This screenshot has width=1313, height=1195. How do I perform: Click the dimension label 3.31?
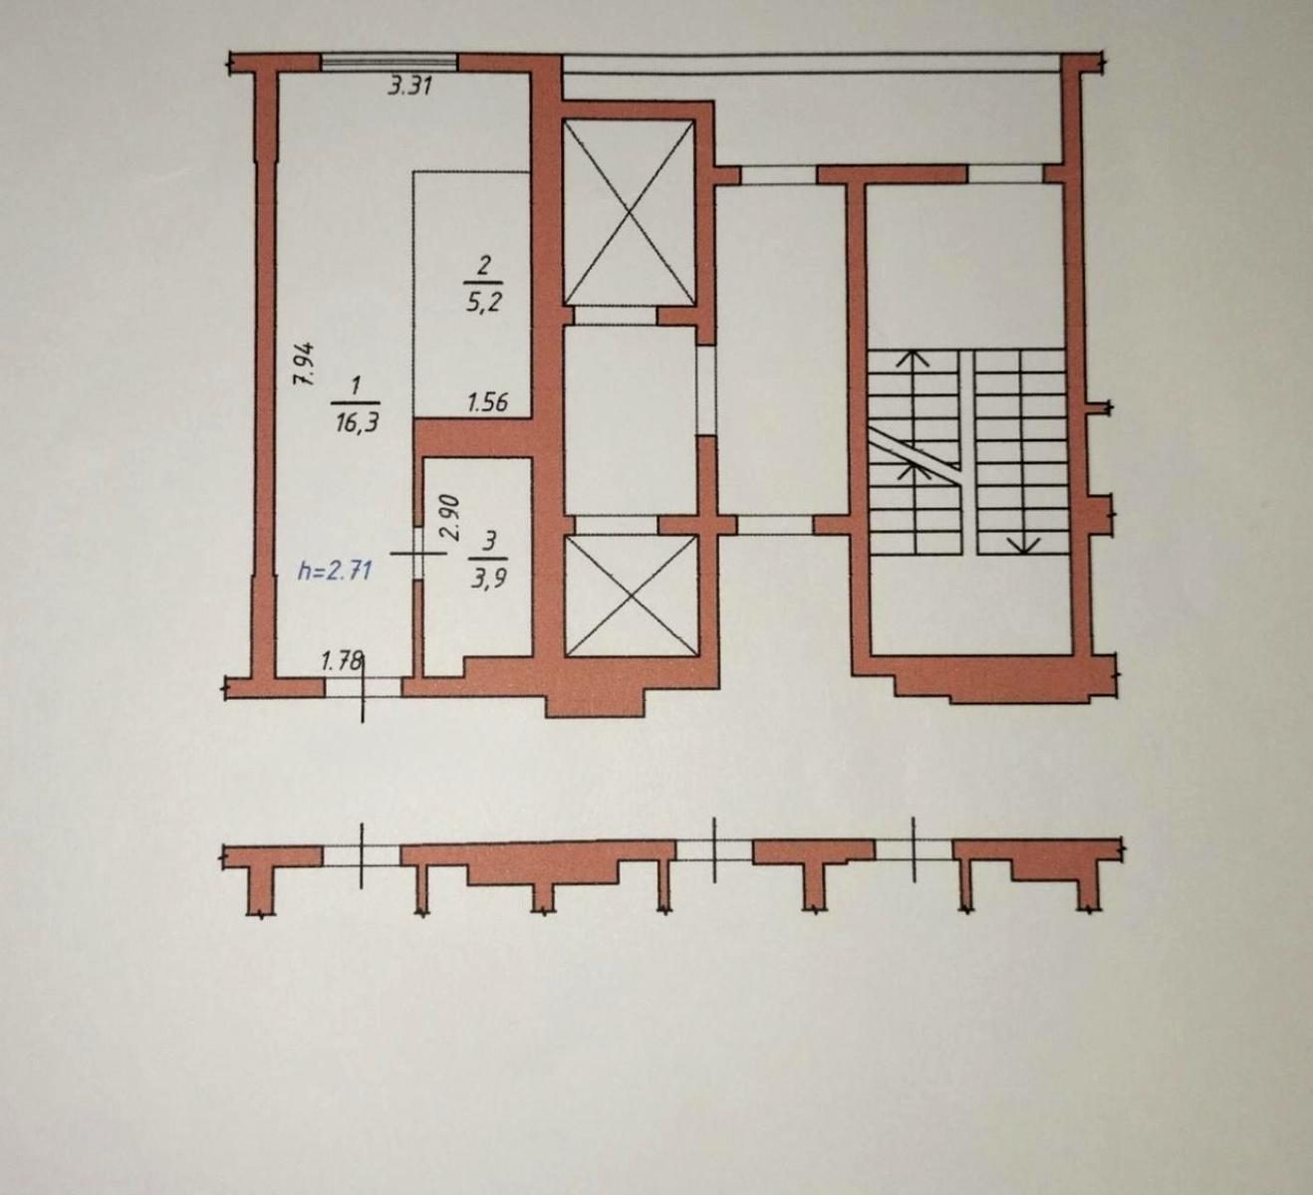(409, 87)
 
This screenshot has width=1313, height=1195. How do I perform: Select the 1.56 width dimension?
(488, 402)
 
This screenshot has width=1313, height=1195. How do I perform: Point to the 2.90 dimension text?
(449, 518)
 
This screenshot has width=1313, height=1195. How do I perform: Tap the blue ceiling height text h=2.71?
(335, 571)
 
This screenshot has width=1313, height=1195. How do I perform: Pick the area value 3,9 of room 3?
(488, 577)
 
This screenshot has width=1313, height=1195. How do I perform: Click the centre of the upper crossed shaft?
(629, 212)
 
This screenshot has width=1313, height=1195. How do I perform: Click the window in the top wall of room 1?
(389, 62)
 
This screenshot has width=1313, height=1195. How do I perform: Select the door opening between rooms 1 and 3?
(418, 550)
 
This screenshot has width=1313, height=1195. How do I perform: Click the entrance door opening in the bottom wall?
(365, 686)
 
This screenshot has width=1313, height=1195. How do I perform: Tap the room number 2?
(485, 265)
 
